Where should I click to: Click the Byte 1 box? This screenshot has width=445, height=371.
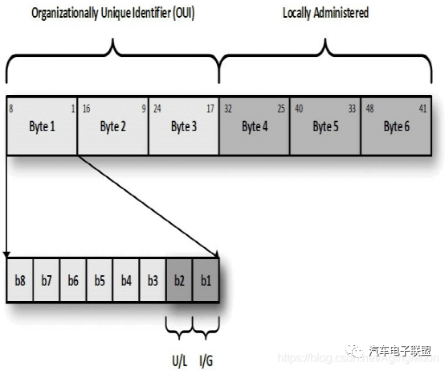click(x=42, y=126)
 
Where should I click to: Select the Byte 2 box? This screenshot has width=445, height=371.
click(x=112, y=126)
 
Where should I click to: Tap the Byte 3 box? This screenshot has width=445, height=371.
click(x=184, y=126)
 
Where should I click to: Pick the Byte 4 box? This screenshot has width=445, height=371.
click(x=255, y=126)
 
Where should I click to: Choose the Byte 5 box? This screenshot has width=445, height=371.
click(x=325, y=126)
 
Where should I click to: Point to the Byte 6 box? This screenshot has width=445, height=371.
click(x=397, y=126)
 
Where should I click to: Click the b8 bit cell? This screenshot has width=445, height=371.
click(x=20, y=280)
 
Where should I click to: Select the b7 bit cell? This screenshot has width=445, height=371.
click(x=47, y=280)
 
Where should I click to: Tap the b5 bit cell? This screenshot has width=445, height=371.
click(x=100, y=280)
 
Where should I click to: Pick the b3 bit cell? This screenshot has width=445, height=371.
click(x=153, y=280)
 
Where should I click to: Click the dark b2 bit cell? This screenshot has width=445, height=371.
click(x=179, y=280)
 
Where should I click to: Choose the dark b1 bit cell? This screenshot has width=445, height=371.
click(x=206, y=280)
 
